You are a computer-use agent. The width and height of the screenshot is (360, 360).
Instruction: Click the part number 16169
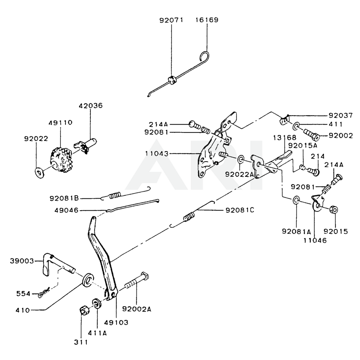pyautogui.click(x=207, y=20)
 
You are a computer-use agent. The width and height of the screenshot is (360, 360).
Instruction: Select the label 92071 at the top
pyautogui.click(x=171, y=20)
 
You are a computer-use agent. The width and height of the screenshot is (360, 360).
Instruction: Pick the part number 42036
pyautogui.click(x=91, y=106)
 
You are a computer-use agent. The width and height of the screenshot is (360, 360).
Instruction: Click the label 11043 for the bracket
pyautogui.click(x=157, y=154)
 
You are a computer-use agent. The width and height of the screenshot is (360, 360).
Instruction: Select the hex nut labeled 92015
pyautogui.click(x=333, y=209)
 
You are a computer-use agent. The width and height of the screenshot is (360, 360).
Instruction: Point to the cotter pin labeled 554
pyautogui.click(x=44, y=293)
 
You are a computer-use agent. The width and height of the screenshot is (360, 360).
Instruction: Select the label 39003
pyautogui.click(x=22, y=260)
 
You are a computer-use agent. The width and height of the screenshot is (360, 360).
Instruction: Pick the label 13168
pyautogui.click(x=284, y=138)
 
